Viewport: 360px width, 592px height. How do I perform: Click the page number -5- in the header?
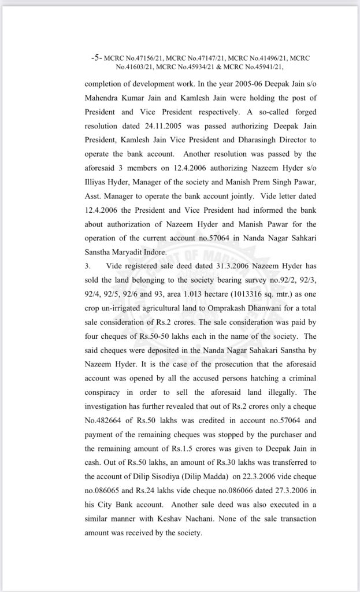(97, 58)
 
